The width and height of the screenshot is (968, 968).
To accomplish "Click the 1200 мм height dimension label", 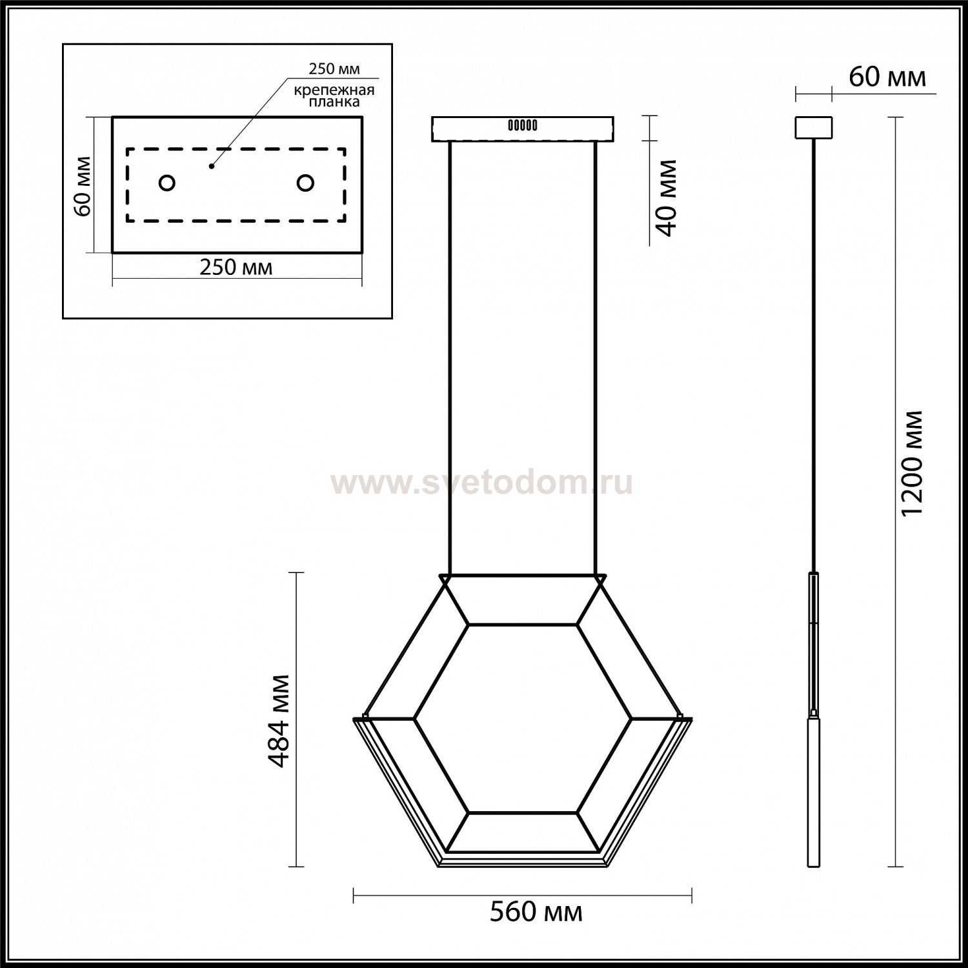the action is click(913, 463).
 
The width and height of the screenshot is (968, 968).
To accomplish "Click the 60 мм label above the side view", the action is click(887, 77).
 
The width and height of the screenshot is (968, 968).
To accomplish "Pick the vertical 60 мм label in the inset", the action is click(82, 186).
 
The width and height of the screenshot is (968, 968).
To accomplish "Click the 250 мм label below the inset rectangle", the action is click(236, 267).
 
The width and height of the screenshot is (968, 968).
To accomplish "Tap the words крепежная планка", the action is click(334, 96).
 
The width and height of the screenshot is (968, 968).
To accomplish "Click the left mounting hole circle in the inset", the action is click(166, 183).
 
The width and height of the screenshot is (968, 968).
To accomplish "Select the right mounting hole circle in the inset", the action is click(305, 183).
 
